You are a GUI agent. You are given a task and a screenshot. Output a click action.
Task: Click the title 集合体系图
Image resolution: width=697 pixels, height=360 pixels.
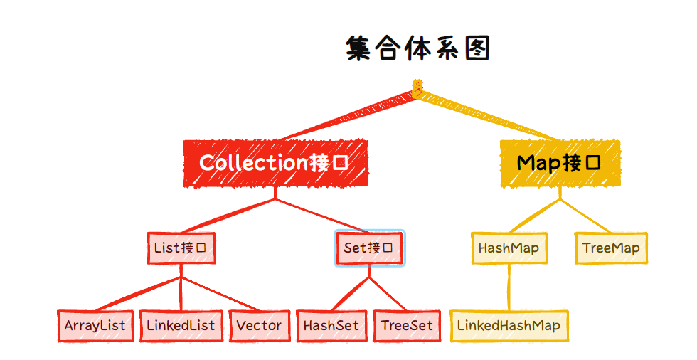[x=418, y=48]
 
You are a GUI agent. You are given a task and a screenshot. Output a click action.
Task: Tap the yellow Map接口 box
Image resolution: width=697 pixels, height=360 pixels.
[x=559, y=163]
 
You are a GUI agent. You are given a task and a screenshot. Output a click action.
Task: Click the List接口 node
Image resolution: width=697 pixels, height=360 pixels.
[x=180, y=248]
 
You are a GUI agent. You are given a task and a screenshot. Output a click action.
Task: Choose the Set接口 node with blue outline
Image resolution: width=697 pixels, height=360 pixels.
[x=369, y=248]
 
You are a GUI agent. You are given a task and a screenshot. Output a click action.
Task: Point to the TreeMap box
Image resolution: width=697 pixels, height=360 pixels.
[x=610, y=248]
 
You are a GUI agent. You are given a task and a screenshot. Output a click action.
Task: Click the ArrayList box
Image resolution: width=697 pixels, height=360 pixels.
[x=95, y=326]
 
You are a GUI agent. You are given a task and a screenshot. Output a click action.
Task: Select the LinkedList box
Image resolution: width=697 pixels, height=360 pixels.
[x=180, y=326]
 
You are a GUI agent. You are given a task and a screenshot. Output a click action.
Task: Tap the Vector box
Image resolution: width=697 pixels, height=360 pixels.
[x=259, y=326]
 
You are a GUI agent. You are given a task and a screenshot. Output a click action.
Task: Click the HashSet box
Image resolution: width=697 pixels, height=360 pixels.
[x=331, y=326]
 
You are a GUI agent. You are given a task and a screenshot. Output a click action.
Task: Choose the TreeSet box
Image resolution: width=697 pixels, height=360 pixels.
[x=406, y=326]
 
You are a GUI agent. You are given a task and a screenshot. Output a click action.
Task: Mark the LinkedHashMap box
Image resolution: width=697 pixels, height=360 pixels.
[x=509, y=326]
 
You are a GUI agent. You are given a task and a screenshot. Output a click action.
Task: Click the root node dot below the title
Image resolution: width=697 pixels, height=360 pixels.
[x=417, y=89]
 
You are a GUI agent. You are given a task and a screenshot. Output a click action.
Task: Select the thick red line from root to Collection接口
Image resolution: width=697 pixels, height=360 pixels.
[x=348, y=116]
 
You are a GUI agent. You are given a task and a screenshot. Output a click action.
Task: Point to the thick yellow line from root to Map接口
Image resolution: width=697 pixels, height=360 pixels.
[x=487, y=115]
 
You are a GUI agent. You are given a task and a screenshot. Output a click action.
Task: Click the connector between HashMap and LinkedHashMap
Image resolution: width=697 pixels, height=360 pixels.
[x=509, y=287]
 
